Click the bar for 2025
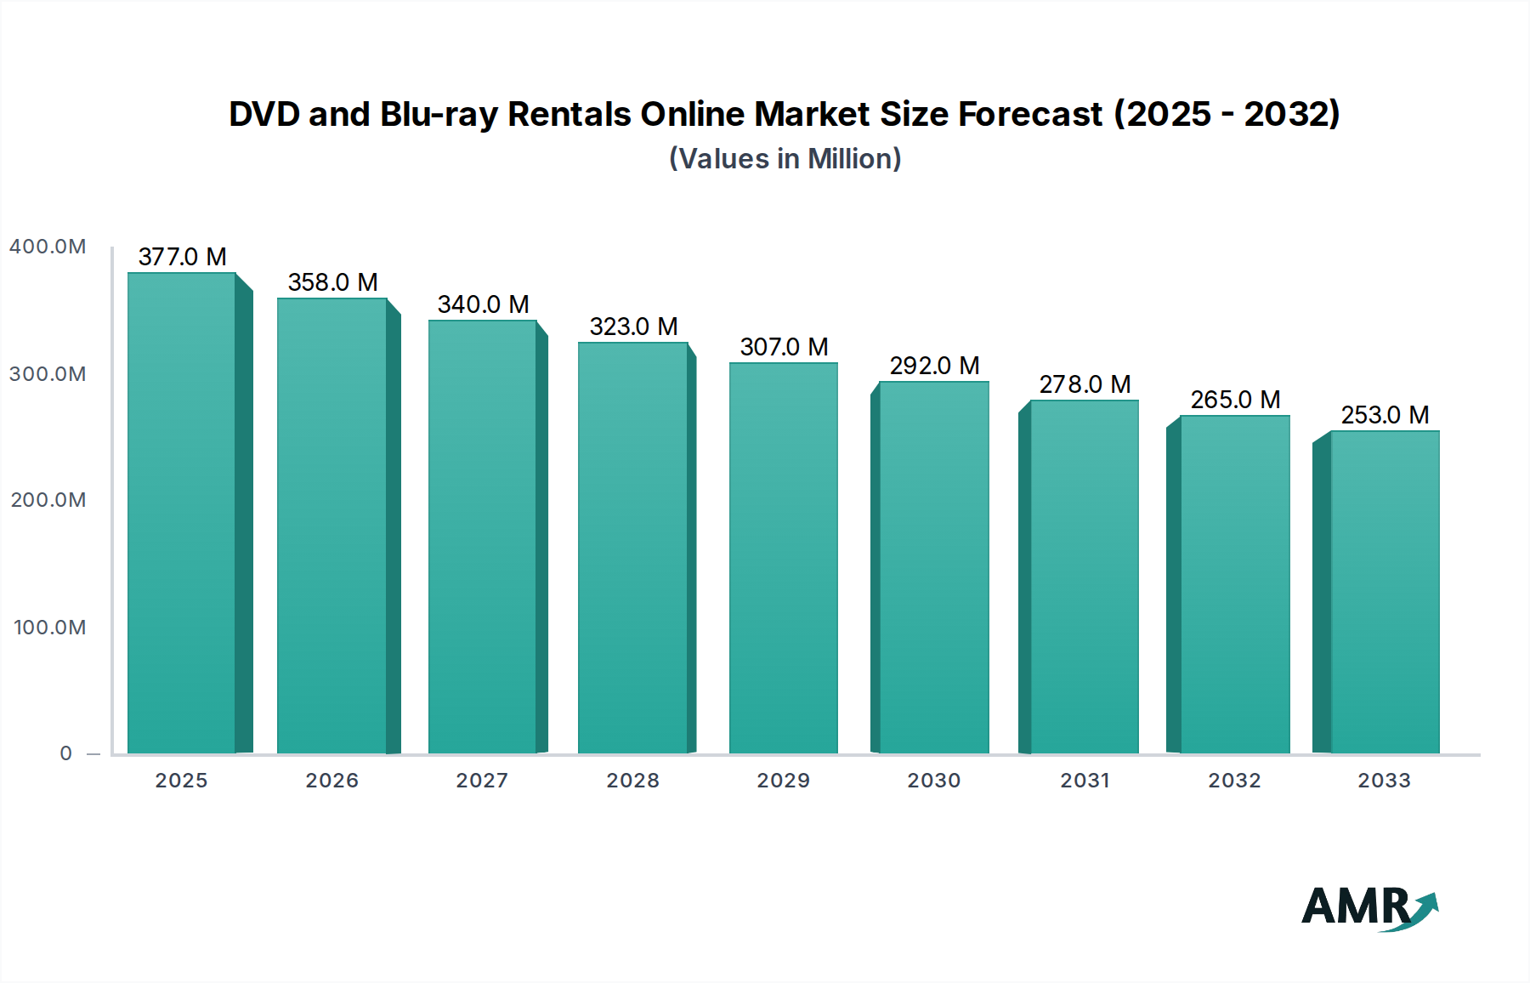click(x=182, y=514)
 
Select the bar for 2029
click(x=784, y=558)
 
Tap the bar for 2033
click(x=1385, y=592)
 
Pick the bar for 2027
click(x=482, y=537)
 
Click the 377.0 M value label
click(x=182, y=257)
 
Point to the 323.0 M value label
click(x=633, y=327)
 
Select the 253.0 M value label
click(x=1385, y=415)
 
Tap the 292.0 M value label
click(x=934, y=366)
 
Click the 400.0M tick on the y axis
click(x=48, y=247)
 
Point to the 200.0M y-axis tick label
click(x=48, y=500)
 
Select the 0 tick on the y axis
click(x=65, y=753)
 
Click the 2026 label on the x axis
click(x=332, y=781)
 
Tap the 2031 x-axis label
click(x=1085, y=781)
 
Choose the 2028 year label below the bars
click(x=633, y=781)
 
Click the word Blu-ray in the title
click(x=439, y=114)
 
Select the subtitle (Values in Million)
click(x=785, y=159)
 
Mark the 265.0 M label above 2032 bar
click(x=1235, y=400)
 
